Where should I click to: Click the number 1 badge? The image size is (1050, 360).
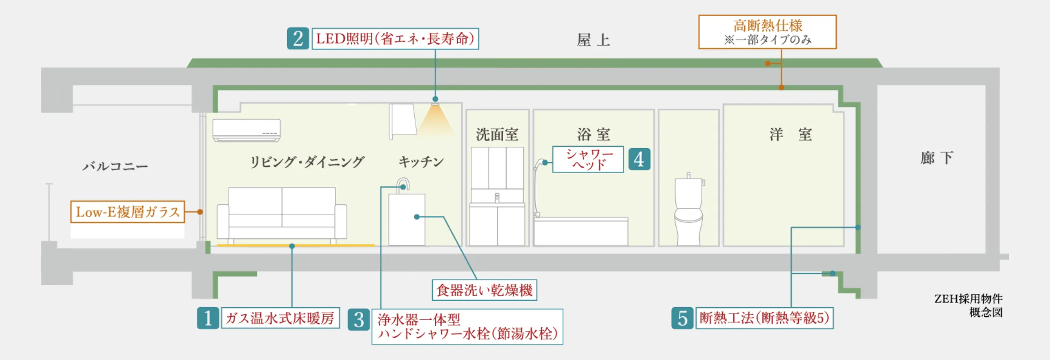tap(208, 318)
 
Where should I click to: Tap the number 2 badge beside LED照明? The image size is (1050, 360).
tap(298, 38)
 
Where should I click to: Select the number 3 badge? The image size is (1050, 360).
tap(359, 320)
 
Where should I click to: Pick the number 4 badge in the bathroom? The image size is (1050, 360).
tap(639, 159)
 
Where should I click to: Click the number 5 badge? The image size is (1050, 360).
tap(682, 318)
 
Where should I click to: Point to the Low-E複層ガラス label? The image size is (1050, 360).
tap(128, 212)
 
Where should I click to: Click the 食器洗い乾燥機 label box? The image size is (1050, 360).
tap(484, 290)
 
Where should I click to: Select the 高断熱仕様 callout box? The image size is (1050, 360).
tap(767, 32)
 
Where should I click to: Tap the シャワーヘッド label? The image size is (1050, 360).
tap(588, 159)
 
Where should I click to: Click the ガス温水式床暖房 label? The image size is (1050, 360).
tap(280, 318)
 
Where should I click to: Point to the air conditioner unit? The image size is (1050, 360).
tap(247, 130)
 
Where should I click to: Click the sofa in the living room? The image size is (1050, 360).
tap(282, 213)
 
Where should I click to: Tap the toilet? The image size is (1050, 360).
tap(689, 212)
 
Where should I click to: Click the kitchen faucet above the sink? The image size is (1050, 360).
tap(404, 185)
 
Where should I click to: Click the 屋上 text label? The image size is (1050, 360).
tap(593, 40)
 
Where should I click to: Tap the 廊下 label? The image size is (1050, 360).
tap(936, 158)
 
